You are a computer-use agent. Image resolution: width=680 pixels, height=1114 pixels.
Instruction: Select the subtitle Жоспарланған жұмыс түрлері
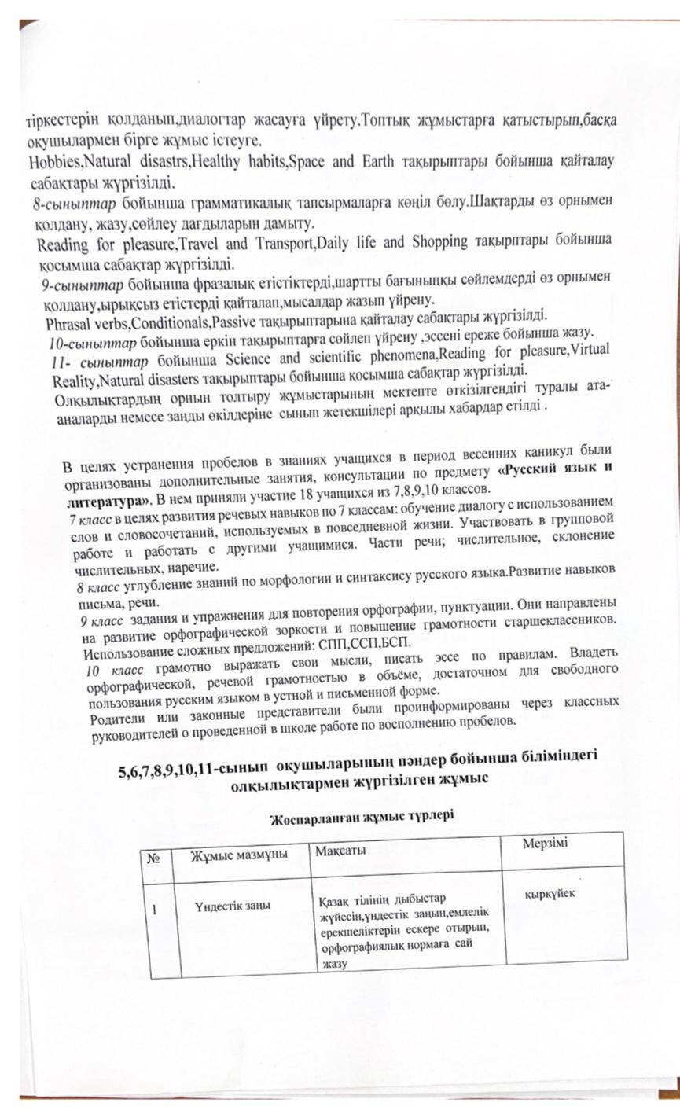coord(362,817)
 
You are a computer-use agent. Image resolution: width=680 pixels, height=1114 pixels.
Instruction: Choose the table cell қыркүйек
coord(550,893)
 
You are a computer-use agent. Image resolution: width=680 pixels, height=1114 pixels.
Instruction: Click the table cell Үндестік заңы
coord(233,906)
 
